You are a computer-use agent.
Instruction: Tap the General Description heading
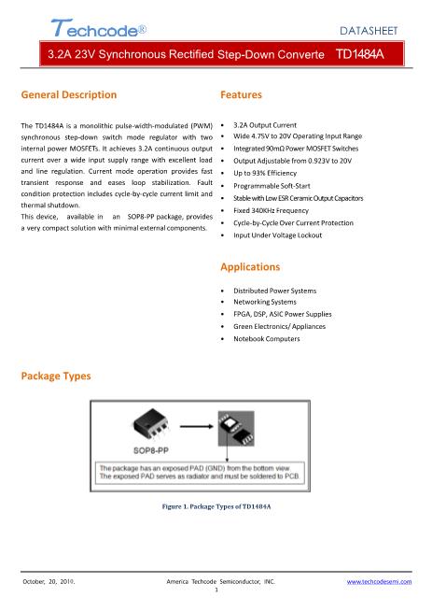pyautogui.click(x=68, y=94)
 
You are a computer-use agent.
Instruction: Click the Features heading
pyautogui.click(x=242, y=94)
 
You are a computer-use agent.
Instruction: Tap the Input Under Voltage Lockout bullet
pyautogui.click(x=277, y=235)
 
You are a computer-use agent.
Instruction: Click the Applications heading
pyautogui.click(x=250, y=266)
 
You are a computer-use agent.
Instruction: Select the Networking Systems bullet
pyautogui.click(x=265, y=303)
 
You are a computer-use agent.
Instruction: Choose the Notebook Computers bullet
pyautogui.click(x=267, y=339)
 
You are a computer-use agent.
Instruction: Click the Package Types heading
pyautogui.click(x=56, y=375)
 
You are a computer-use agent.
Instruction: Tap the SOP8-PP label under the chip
pyautogui.click(x=151, y=448)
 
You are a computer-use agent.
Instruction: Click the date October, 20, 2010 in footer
pyautogui.click(x=49, y=581)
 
